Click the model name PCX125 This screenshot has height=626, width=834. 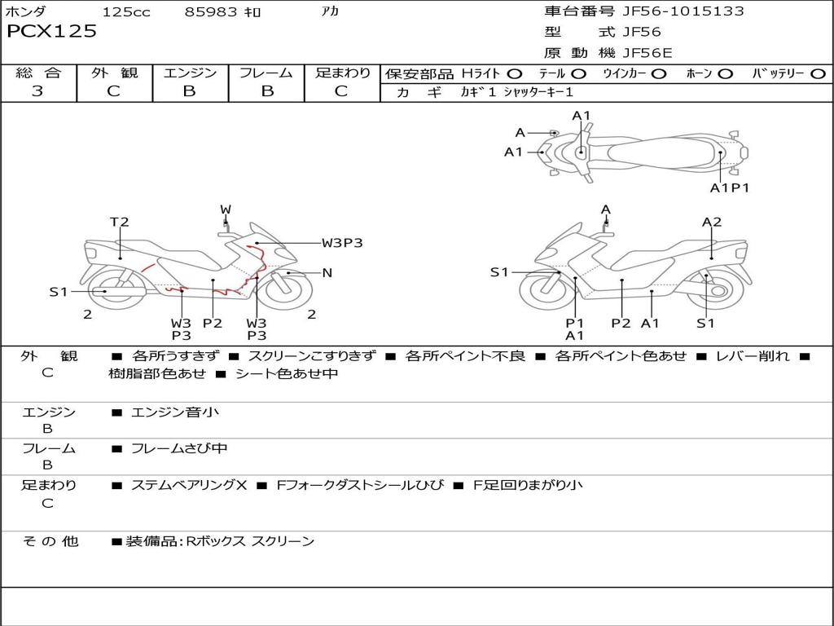(x=51, y=32)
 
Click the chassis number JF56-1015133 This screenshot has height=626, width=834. (x=672, y=11)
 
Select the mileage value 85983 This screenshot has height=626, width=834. (x=211, y=12)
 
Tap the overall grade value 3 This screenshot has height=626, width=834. (x=37, y=91)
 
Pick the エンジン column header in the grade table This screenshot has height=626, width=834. (x=190, y=73)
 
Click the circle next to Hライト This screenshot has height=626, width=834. (x=514, y=73)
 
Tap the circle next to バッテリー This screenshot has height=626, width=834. (x=818, y=73)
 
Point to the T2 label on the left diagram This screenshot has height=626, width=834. (x=120, y=222)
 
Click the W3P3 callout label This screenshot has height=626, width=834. (x=341, y=242)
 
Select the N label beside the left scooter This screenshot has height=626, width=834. (x=327, y=273)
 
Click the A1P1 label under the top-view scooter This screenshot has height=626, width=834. (x=729, y=187)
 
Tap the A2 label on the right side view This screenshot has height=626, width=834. (x=712, y=222)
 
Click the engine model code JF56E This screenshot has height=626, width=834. (x=647, y=53)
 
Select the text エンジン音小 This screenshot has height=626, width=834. (x=174, y=412)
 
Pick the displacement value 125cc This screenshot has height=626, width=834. (x=126, y=12)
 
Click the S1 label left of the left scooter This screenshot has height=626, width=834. (x=59, y=291)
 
